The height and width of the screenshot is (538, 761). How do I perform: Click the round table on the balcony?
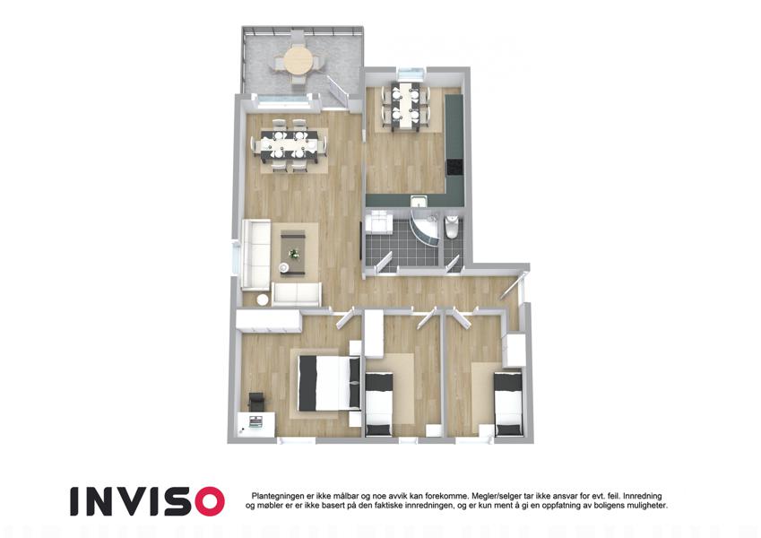[x=298, y=60]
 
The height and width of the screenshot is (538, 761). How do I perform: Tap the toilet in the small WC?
[x=451, y=226]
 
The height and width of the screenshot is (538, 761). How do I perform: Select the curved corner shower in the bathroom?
[x=427, y=228]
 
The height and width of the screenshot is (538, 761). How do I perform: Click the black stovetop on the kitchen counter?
[x=454, y=167]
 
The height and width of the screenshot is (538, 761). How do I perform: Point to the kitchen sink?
[x=419, y=201]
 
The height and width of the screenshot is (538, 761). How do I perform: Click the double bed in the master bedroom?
[x=329, y=383]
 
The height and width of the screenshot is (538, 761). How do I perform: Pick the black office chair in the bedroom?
[x=256, y=401]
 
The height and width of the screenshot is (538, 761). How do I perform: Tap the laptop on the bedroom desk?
[x=255, y=421]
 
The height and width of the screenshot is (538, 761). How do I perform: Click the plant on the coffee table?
[x=294, y=253]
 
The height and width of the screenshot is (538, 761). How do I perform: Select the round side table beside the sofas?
[x=262, y=299]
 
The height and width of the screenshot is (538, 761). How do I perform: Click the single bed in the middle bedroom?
[x=379, y=403]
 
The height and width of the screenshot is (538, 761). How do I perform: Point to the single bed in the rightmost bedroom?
[x=508, y=403]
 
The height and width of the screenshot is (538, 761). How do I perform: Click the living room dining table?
[x=290, y=145]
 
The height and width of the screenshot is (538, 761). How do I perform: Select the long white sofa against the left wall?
[x=255, y=255]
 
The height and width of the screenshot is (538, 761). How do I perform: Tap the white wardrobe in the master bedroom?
[x=269, y=321]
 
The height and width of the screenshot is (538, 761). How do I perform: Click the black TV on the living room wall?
[x=360, y=242]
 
